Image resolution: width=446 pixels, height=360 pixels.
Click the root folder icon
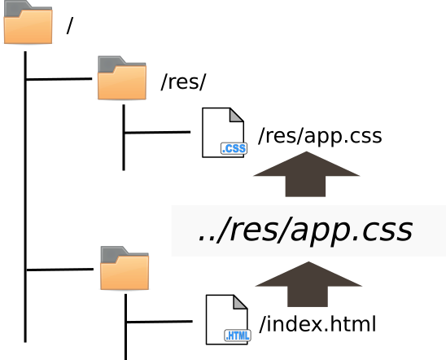pos(28,22)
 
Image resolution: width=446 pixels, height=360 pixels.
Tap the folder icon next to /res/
pos(122,78)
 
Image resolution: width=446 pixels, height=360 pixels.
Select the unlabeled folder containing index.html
pos(125,268)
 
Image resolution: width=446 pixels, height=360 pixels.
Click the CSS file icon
pos(224,133)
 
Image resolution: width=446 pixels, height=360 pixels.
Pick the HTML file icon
pos(228,319)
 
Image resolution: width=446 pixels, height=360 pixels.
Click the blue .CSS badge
pos(234,148)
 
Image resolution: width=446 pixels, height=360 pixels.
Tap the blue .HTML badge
pos(238,336)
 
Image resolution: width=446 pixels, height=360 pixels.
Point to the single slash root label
pos(70,25)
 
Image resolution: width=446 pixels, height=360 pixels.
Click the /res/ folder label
pos(183,82)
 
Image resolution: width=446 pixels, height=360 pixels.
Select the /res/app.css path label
pos(320,136)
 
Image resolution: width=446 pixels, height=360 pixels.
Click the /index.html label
pos(317,323)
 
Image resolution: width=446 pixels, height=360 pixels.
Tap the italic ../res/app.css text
pos(305,230)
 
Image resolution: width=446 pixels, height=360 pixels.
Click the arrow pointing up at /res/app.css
pos(306,173)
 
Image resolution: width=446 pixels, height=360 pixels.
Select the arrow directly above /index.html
pos(308,284)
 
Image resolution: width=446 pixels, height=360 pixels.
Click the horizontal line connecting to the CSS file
pos(157,132)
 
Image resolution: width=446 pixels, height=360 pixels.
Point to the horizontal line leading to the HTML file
pos(160,322)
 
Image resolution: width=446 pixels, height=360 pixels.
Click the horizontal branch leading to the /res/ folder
pos(59,79)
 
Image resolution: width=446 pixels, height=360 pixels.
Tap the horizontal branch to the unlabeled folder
pos(60,270)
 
